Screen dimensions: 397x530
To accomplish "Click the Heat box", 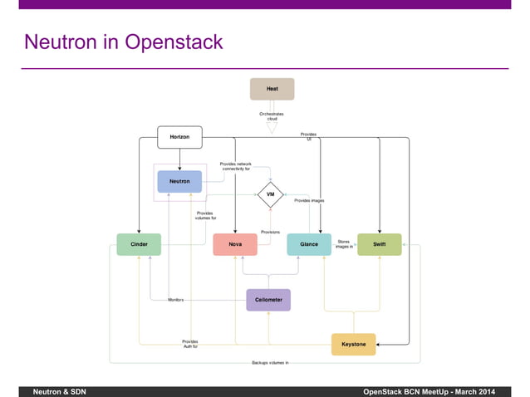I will click(272, 89).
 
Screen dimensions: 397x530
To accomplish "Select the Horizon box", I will click(179, 137).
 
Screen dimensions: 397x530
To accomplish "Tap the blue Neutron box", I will click(179, 181).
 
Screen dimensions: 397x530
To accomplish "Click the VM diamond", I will click(271, 196).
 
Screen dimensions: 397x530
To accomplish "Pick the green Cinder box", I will click(138, 245).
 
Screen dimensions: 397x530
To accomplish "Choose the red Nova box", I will click(236, 245).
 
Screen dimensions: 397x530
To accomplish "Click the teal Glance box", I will click(309, 245).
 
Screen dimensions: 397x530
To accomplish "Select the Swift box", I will click(379, 245).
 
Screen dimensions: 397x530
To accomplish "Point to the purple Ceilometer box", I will click(268, 300).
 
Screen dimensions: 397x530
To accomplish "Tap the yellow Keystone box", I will click(354, 343).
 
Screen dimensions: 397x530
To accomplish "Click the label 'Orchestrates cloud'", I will click(272, 116).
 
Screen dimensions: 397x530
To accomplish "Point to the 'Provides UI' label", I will click(308, 136).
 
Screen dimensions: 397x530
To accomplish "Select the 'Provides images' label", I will click(309, 200).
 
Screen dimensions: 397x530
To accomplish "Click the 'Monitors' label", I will click(175, 299).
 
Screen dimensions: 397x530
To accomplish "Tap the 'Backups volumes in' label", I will click(270, 364).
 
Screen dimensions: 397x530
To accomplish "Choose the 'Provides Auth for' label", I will click(190, 343).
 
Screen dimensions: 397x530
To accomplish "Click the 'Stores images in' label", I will click(345, 244).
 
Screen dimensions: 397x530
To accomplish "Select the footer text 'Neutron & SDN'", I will click(59, 390).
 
